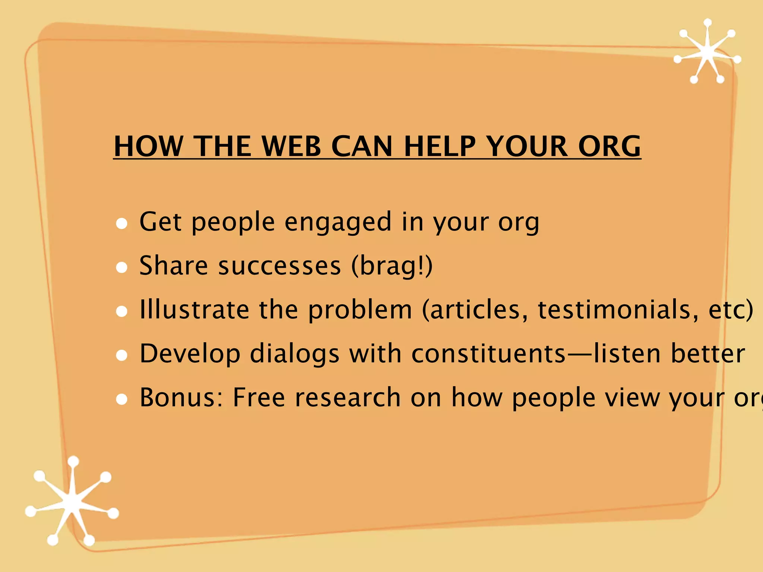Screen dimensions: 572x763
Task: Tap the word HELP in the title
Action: (x=440, y=146)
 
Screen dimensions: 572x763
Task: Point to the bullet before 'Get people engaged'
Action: (x=122, y=223)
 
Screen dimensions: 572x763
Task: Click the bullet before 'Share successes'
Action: (x=122, y=267)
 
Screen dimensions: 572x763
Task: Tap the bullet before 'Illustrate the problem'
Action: (x=122, y=311)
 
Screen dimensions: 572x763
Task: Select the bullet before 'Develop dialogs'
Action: (x=122, y=355)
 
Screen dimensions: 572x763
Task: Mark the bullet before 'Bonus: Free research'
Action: (x=122, y=399)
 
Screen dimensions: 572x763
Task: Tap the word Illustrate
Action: (x=194, y=310)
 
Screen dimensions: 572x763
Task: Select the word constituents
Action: (x=488, y=354)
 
